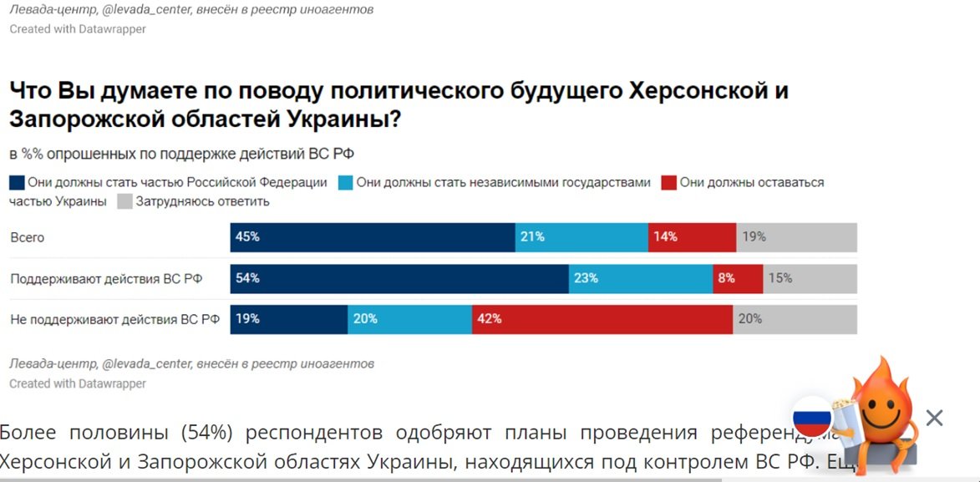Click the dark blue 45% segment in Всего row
[373, 237]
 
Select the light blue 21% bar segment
[581, 237]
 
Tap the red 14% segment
[692, 237]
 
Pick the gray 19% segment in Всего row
[796, 237]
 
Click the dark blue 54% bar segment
[399, 279]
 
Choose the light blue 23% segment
[641, 279]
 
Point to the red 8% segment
[738, 279]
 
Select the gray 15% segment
[810, 279]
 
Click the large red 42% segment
[602, 319]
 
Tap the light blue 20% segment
[409, 319]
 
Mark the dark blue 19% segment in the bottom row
[289, 319]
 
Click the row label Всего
[28, 238]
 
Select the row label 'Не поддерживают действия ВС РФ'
[114, 319]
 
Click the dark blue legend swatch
[17, 183]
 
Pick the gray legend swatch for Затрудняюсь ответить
[124, 202]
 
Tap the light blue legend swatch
[345, 183]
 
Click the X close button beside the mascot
[934, 418]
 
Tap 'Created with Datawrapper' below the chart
[78, 383]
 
